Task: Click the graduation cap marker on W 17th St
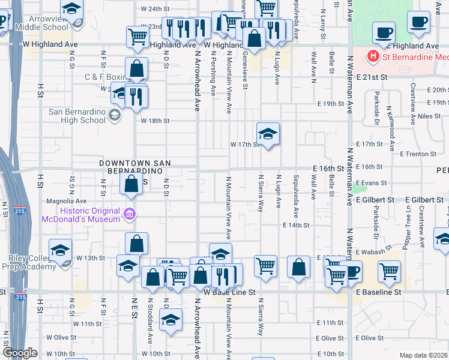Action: click(x=268, y=134)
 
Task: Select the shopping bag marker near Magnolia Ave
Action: click(x=131, y=184)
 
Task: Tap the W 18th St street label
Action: click(x=155, y=121)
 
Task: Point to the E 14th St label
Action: click(x=297, y=226)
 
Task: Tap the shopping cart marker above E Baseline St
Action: click(x=389, y=272)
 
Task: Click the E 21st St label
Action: click(x=369, y=77)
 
